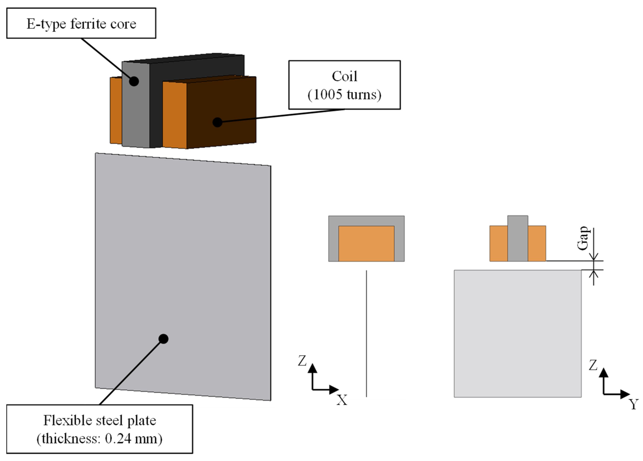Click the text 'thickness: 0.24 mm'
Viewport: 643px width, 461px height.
tap(100, 439)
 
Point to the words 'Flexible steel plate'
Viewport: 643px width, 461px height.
tap(100, 420)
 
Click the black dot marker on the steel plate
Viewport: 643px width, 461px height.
tap(163, 339)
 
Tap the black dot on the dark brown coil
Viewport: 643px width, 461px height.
tap(217, 122)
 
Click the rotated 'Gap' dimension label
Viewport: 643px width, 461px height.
tap(583, 238)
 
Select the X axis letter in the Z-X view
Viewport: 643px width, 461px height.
tap(342, 400)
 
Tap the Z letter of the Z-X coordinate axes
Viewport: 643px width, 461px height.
tap(302, 361)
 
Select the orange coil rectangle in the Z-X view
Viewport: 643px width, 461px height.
tap(366, 244)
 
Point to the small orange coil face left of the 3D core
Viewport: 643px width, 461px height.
tap(116, 110)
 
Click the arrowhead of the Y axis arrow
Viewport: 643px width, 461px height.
tap(625, 394)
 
